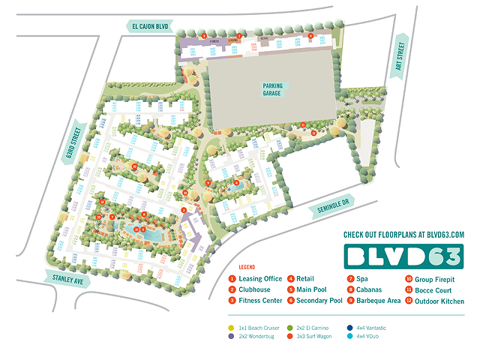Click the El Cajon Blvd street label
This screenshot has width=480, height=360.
click(x=151, y=26)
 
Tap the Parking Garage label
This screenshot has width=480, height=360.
click(x=272, y=89)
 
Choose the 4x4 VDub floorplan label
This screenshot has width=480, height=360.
click(x=382, y=337)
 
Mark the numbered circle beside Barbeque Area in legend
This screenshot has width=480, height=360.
click(x=350, y=300)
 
